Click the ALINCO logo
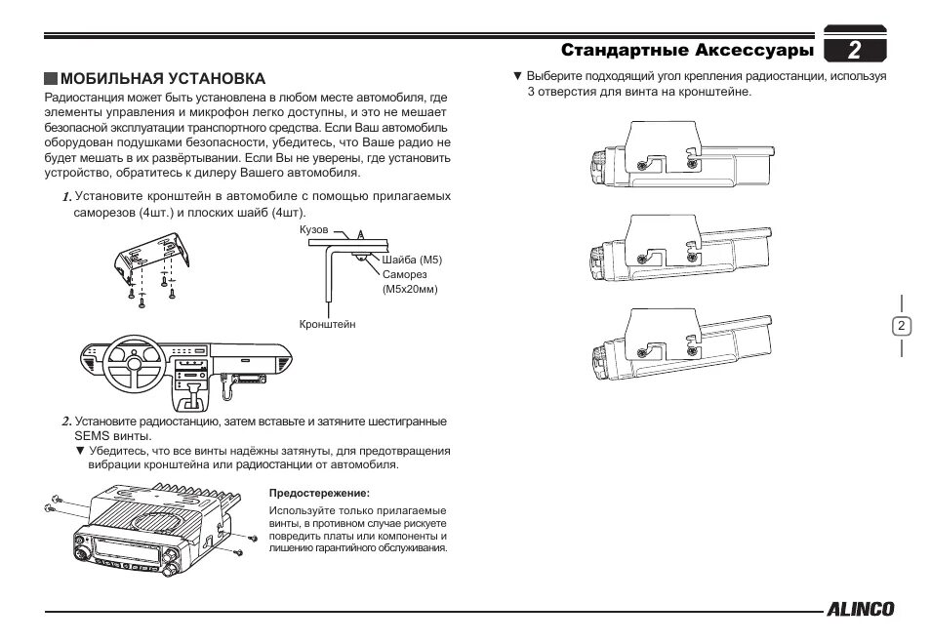click(x=860, y=610)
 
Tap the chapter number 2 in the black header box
click(x=854, y=49)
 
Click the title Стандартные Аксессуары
click(x=687, y=49)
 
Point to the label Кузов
click(x=315, y=229)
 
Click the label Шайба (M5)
click(x=413, y=260)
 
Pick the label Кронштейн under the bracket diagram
click(x=328, y=322)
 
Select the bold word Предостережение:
click(x=319, y=494)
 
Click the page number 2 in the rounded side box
click(x=901, y=326)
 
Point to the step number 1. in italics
click(x=66, y=196)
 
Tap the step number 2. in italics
click(x=66, y=422)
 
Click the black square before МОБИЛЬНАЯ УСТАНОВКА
click(x=51, y=78)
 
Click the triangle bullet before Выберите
click(x=518, y=75)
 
